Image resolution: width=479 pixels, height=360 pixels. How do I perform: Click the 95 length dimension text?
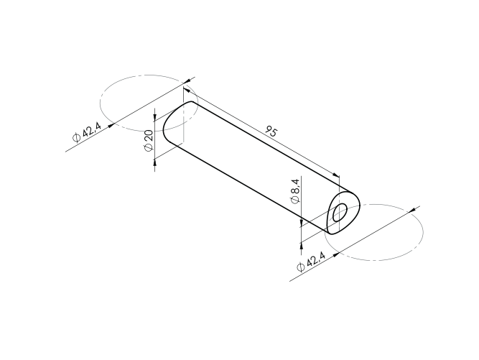click(x=271, y=131)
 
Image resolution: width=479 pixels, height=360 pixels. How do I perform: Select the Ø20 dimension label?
click(x=148, y=139)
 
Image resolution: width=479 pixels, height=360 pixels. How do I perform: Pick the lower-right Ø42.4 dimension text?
click(x=311, y=262)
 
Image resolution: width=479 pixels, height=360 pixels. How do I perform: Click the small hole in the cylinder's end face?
click(x=340, y=211)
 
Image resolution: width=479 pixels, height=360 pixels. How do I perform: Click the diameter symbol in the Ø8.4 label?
click(x=295, y=200)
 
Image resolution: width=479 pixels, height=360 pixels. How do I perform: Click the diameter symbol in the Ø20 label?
click(x=148, y=147)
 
